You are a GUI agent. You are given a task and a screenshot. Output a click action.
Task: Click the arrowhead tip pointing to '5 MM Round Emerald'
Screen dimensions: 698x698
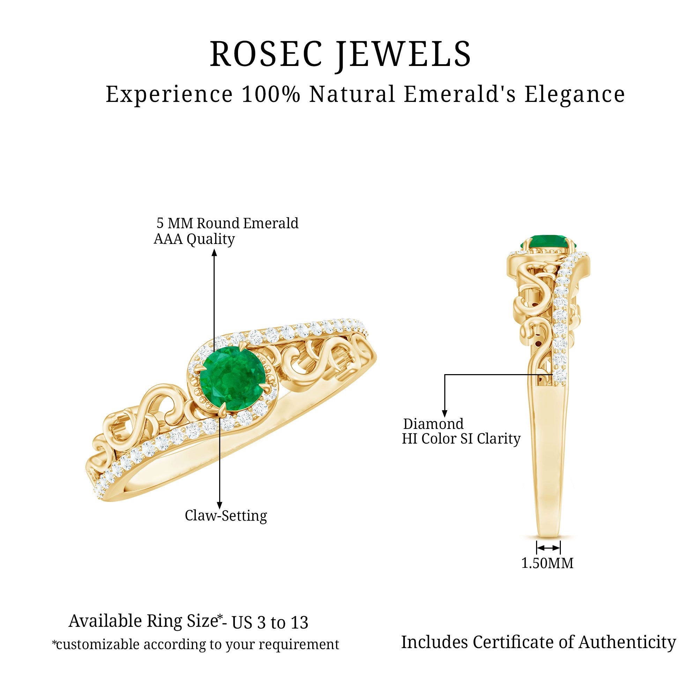tap(214, 250)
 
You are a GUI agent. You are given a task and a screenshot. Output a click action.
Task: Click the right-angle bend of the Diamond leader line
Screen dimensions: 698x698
tap(445, 374)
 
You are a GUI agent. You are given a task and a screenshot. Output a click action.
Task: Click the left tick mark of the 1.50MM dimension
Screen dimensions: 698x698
tap(537, 548)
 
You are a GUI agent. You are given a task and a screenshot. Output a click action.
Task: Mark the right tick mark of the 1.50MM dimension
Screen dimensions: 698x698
tap(560, 548)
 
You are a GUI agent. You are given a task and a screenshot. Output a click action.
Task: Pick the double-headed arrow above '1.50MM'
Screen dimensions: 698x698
tap(548, 548)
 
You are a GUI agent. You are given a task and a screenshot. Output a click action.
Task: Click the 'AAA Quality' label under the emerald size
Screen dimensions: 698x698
tap(194, 239)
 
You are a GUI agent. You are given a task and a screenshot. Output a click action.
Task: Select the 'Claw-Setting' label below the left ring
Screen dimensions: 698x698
tap(226, 515)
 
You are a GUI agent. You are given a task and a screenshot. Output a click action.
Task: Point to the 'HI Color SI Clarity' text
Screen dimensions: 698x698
tap(461, 439)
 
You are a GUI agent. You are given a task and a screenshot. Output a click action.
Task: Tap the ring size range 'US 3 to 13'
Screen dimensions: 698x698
tap(270, 622)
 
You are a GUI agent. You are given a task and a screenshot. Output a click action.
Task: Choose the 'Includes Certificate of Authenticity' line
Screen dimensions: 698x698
tap(538, 642)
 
